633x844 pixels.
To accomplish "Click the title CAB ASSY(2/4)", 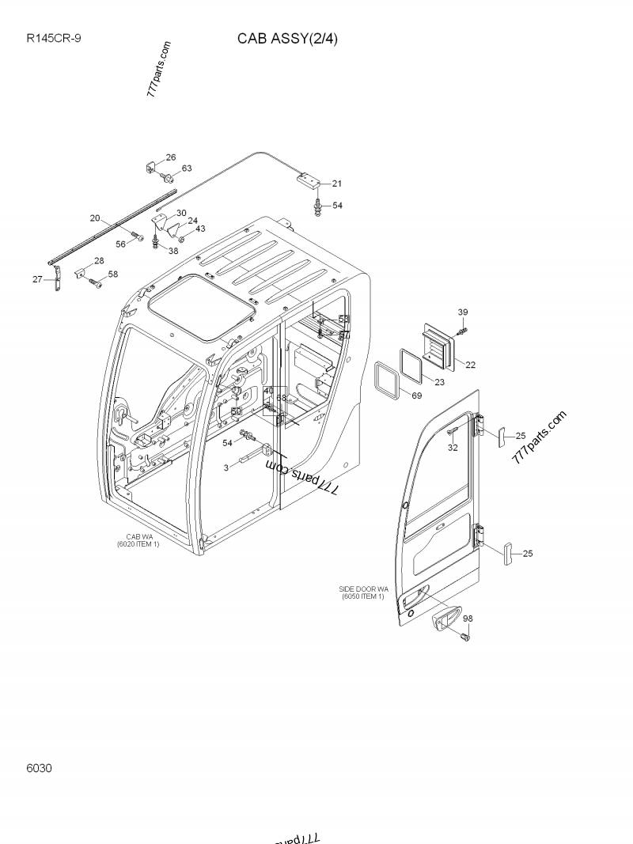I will [x=287, y=38].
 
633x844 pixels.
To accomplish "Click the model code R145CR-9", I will [x=53, y=38].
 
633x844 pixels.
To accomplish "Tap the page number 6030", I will [x=39, y=768].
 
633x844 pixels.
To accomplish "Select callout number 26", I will [x=170, y=157].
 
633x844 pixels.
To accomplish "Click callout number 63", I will [x=187, y=168].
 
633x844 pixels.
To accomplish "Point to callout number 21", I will [x=337, y=184].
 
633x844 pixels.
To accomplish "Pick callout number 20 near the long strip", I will [x=94, y=218].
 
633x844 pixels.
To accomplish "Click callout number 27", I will [x=37, y=278].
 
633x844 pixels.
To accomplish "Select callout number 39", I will [x=463, y=312].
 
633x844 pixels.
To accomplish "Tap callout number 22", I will [x=471, y=365].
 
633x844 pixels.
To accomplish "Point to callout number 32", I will [x=453, y=448].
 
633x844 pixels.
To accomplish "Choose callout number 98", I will [x=468, y=619].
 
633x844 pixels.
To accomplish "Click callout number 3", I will [x=226, y=468].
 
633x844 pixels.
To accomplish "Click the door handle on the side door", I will [x=445, y=619].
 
